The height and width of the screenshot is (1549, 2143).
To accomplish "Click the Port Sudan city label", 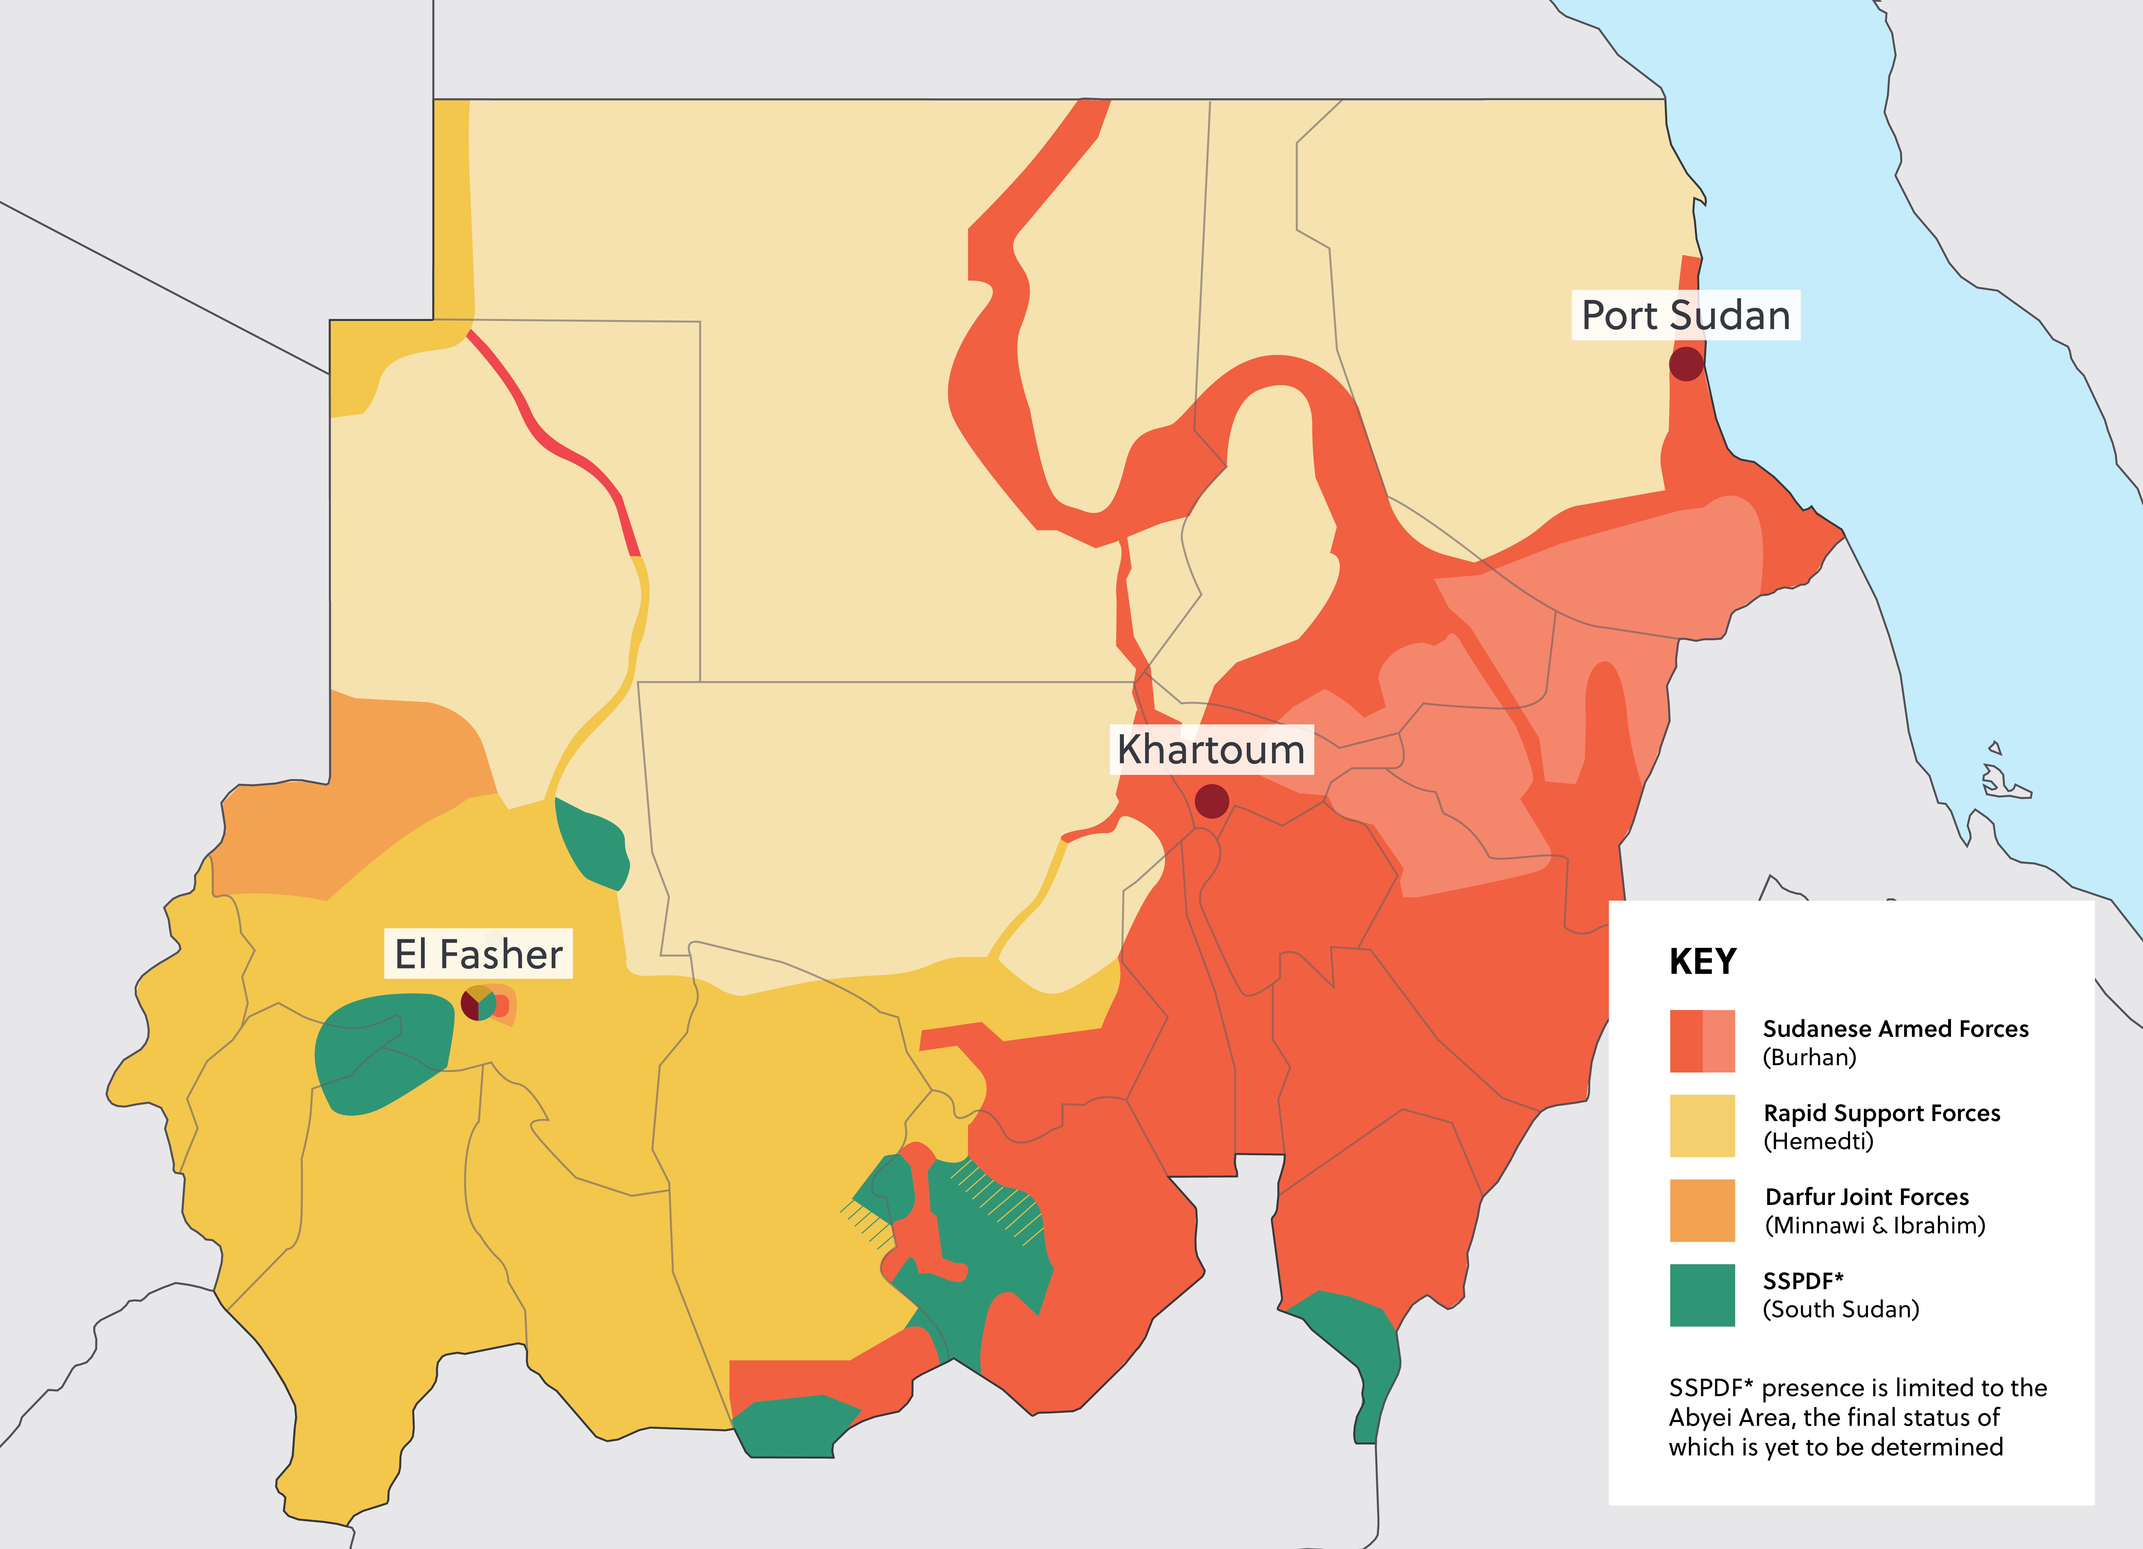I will pyautogui.click(x=1686, y=315).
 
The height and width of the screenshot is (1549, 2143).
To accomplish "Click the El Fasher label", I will pyautogui.click(x=478, y=954).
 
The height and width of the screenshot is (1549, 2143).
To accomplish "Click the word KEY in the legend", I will pyautogui.click(x=1703, y=961).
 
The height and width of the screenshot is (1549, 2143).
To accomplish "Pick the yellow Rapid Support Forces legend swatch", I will pyautogui.click(x=1702, y=1125).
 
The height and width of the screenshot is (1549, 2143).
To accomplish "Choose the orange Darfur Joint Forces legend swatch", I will pyautogui.click(x=1702, y=1210).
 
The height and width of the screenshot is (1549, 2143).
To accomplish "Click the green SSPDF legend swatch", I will pyautogui.click(x=1702, y=1295).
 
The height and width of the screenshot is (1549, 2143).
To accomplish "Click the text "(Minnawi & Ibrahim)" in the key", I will pyautogui.click(x=1875, y=1225).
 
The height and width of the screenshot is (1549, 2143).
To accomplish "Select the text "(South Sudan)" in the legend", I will pyautogui.click(x=1841, y=1309).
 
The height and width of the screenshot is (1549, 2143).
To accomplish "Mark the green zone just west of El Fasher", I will pyautogui.click(x=383, y=1054).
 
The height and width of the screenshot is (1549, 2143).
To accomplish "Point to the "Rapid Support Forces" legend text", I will pyautogui.click(x=1881, y=1112).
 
